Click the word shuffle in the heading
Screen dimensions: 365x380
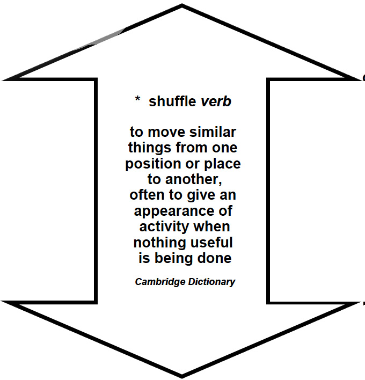173,101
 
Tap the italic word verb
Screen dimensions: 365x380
216,101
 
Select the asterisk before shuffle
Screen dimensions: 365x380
138,100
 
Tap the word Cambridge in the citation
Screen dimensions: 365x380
159,282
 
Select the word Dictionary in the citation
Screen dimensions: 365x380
211,282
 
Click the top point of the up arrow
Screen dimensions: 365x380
182,7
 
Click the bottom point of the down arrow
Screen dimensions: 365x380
182,375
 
